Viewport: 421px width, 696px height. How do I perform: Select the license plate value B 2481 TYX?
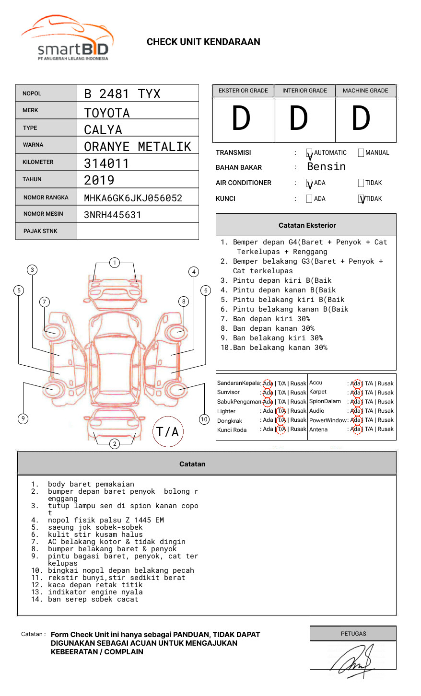(x=122, y=94)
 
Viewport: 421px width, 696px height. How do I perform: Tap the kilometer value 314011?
(x=106, y=163)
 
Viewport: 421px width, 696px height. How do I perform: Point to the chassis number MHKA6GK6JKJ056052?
(x=133, y=198)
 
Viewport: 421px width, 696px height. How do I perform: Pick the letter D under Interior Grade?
(x=298, y=119)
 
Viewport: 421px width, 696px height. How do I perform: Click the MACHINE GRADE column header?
(x=365, y=91)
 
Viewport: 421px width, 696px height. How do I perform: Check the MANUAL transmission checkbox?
(x=361, y=153)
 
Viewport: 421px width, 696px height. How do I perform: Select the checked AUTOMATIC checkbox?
(x=309, y=153)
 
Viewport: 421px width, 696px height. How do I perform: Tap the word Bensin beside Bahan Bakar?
(x=326, y=167)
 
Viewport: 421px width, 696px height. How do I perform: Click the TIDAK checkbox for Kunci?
(x=362, y=199)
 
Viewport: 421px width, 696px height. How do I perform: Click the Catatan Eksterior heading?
(x=307, y=225)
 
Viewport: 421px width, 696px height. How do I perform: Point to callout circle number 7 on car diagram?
(x=45, y=302)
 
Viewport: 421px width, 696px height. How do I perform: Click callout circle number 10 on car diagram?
(x=204, y=419)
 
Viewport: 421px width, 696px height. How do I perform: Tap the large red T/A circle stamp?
(x=167, y=432)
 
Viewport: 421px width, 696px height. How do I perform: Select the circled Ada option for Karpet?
(x=356, y=393)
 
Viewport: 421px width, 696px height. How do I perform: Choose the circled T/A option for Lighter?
(x=281, y=411)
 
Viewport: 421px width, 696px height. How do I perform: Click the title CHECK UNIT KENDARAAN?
(x=203, y=42)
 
